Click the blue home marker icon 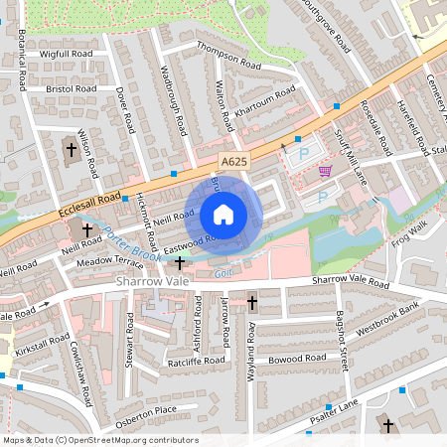coord(223,214)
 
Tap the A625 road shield coord(233,160)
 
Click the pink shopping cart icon coord(325,171)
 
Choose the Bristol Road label coord(71,88)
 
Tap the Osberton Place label coord(146,410)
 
